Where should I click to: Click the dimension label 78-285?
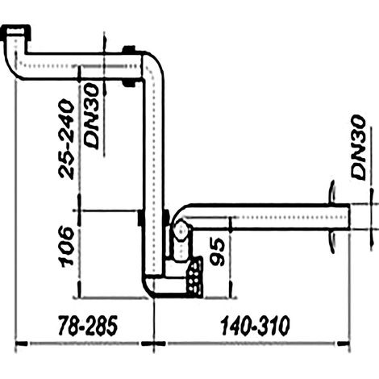[x=88, y=326]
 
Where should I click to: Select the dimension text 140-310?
[x=255, y=326]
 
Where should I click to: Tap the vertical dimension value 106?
[x=67, y=247]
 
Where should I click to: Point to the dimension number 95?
[x=217, y=252]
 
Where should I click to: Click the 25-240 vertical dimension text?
[x=66, y=139]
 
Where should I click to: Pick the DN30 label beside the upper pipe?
[x=91, y=116]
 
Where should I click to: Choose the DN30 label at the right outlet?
[x=359, y=147]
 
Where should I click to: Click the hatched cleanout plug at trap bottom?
[x=195, y=277]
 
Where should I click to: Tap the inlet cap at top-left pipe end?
[x=17, y=32]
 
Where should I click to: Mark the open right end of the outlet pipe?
[x=349, y=217]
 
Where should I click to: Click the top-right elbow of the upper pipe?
[x=154, y=64]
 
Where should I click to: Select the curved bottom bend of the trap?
[x=150, y=288]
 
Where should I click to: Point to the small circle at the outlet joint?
[x=181, y=229]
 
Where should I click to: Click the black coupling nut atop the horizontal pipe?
[x=129, y=49]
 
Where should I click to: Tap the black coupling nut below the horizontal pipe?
[x=129, y=84]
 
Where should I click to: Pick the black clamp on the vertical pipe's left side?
[x=140, y=218]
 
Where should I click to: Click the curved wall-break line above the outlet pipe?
[x=332, y=193]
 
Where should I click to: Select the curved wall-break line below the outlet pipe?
[x=332, y=242]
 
